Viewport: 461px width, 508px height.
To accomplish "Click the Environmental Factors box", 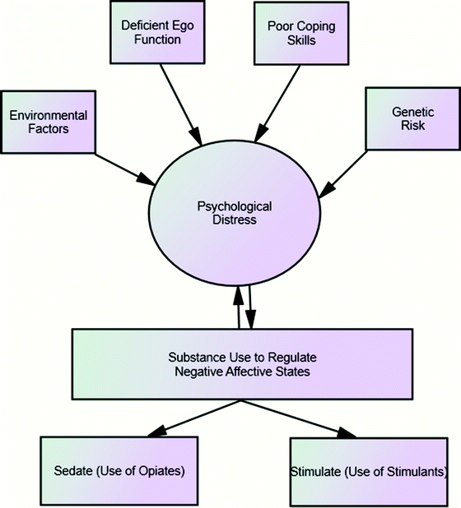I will (48, 121).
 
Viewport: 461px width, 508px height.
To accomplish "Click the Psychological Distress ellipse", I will (235, 212).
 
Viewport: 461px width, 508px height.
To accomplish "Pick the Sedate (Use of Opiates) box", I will (119, 472).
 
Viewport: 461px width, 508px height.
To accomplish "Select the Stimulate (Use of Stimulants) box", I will (370, 472).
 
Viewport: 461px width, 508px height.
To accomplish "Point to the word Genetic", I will (405, 112).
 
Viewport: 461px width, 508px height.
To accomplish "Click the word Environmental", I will (48, 114).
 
